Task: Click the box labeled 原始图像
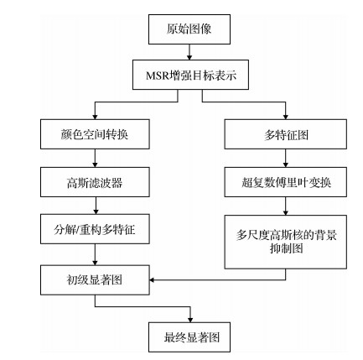point(189,29)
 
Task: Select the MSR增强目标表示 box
point(191,76)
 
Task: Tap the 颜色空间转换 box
point(95,134)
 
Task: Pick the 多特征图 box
point(285,134)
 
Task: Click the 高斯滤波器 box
point(95,181)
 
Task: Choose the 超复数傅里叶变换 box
point(285,181)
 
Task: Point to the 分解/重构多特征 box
point(95,227)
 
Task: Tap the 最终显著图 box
point(189,337)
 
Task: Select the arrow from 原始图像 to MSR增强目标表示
point(190,51)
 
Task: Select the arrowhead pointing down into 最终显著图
point(190,318)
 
